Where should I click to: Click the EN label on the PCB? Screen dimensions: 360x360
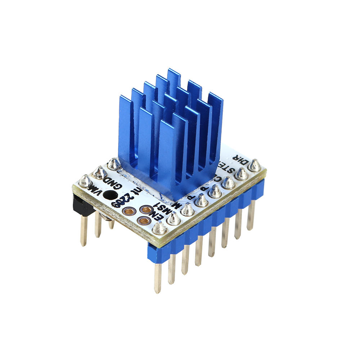151,219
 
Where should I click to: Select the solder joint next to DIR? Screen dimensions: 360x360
255,165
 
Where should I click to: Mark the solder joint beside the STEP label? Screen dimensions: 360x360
242,174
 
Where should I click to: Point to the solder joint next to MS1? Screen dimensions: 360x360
174,219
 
